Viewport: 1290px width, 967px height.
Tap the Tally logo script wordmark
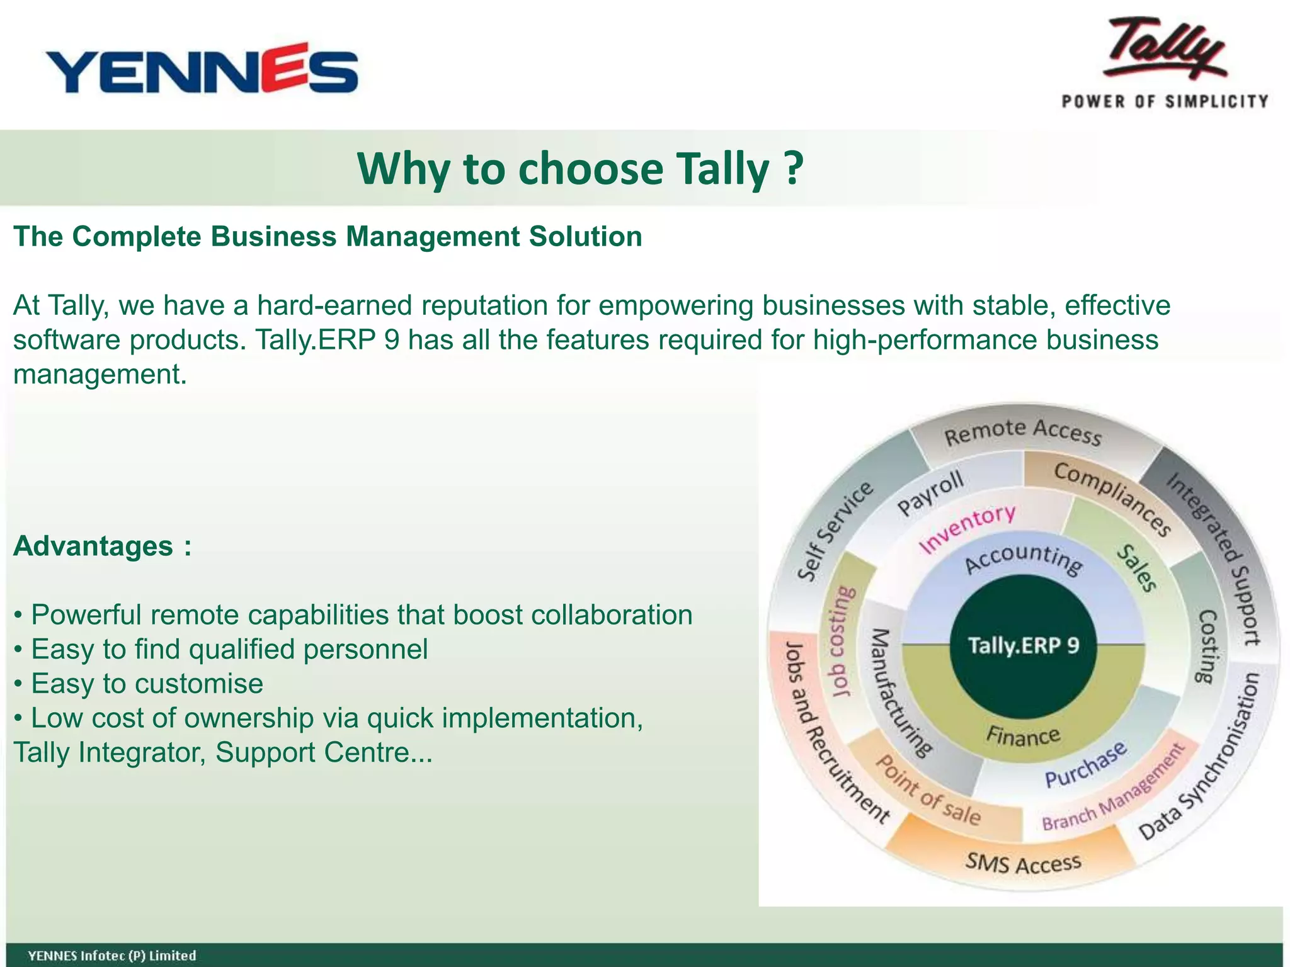[x=1168, y=50]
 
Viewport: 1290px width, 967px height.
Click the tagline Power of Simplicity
[x=1165, y=101]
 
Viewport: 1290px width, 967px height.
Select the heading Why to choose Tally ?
[x=580, y=169]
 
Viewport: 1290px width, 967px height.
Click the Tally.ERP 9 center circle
[x=1023, y=646]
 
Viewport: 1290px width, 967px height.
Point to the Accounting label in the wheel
[x=1023, y=558]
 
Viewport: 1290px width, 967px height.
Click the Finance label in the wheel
[x=1023, y=735]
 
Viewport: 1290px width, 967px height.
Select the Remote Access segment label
[x=1023, y=433]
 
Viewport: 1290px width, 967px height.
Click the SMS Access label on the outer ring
[x=1023, y=863]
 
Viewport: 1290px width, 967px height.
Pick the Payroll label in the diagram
[x=930, y=493]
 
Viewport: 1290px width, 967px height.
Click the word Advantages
[x=93, y=546]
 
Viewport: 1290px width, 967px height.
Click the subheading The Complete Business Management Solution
[x=328, y=237]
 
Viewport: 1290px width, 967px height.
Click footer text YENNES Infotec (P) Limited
[x=112, y=955]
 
